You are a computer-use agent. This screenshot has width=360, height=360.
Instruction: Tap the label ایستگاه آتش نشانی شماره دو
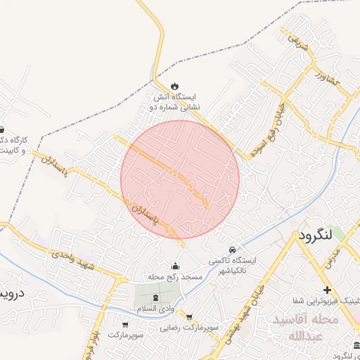point(175,101)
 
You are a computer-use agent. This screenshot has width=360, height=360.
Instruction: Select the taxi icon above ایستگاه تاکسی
point(232,250)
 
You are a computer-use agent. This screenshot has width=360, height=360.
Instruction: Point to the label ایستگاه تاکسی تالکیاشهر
point(231,265)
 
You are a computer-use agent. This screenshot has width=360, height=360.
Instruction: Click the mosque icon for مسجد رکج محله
point(175,266)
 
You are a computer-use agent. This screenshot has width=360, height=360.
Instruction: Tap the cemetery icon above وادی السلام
point(155,298)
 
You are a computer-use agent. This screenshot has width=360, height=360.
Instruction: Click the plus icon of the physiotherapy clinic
point(326,290)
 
